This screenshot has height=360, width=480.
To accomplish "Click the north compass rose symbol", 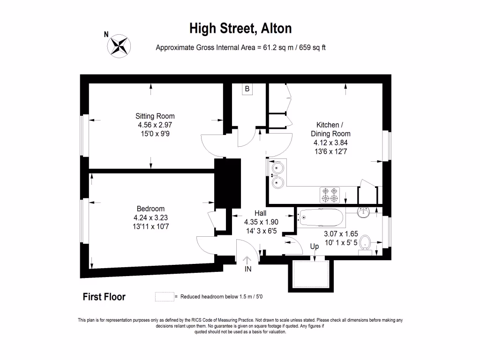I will (120, 45).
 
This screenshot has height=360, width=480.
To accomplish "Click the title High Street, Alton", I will (240, 28).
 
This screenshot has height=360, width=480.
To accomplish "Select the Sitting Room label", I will (155, 116).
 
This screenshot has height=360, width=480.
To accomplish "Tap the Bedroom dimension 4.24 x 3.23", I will (150, 217).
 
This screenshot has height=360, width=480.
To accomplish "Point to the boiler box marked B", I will (247, 89).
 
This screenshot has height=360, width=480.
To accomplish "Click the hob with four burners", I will (330, 195).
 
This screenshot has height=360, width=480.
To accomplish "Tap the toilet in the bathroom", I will (368, 244).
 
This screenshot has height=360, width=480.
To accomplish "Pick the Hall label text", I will (261, 213).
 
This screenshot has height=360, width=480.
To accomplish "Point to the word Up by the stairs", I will (315, 246).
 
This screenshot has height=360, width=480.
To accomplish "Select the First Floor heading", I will (104, 297).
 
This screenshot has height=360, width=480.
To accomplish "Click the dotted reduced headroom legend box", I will (164, 297).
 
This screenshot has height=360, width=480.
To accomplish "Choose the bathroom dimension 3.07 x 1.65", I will (341, 233).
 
